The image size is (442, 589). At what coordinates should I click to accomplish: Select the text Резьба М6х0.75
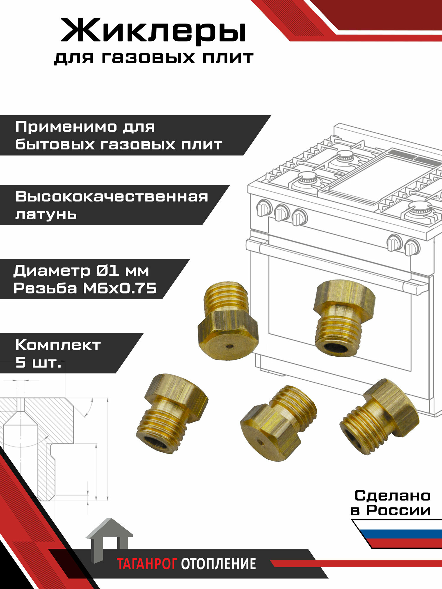click(85, 288)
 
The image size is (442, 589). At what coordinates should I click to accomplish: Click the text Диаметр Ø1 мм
click(81, 270)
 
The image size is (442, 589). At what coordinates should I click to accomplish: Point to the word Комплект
click(58, 345)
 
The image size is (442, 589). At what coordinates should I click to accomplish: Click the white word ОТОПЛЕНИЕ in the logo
click(218, 564)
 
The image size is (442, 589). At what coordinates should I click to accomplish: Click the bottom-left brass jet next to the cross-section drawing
click(171, 412)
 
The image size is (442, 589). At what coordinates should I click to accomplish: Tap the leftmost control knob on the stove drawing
click(264, 208)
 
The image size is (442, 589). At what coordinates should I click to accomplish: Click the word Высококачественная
click(112, 196)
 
